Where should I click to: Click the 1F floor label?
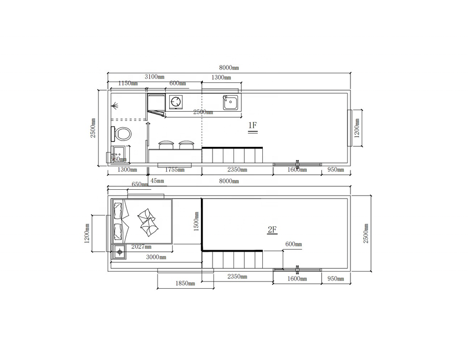click(253, 125)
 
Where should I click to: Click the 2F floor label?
click(272, 230)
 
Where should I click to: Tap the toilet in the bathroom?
click(121, 134)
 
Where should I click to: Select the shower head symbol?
click(115, 105)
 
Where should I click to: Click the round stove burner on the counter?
click(176, 101)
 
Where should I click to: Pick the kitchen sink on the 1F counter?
click(231, 102)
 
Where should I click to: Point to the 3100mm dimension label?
click(155, 77)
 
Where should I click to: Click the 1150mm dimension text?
click(128, 83)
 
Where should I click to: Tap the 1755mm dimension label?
click(175, 170)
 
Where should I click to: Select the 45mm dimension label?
click(157, 181)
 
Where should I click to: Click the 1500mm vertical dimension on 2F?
click(196, 221)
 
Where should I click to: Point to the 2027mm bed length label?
click(141, 247)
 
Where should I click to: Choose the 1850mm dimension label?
click(185, 283)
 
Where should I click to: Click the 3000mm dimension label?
click(156, 257)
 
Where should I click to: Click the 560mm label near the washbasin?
click(118, 159)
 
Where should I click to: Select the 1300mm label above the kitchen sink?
click(221, 78)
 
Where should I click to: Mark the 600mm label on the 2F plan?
click(293, 244)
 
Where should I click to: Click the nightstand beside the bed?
click(119, 252)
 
